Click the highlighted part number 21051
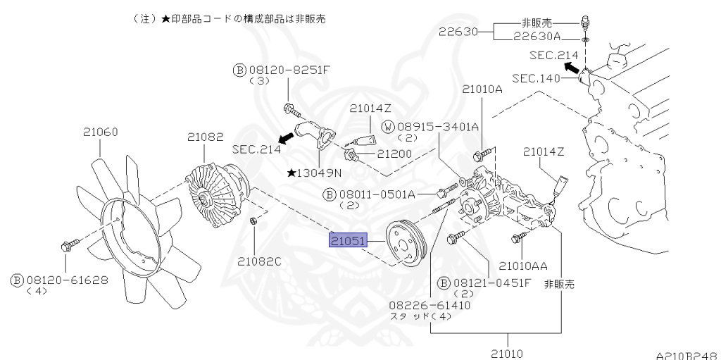point(348,241)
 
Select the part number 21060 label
point(100,131)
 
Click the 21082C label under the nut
point(258,261)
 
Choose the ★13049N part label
point(315,173)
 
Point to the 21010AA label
point(523,266)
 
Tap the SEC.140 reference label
point(534,78)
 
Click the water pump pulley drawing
point(404,243)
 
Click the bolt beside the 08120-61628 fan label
point(67,246)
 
